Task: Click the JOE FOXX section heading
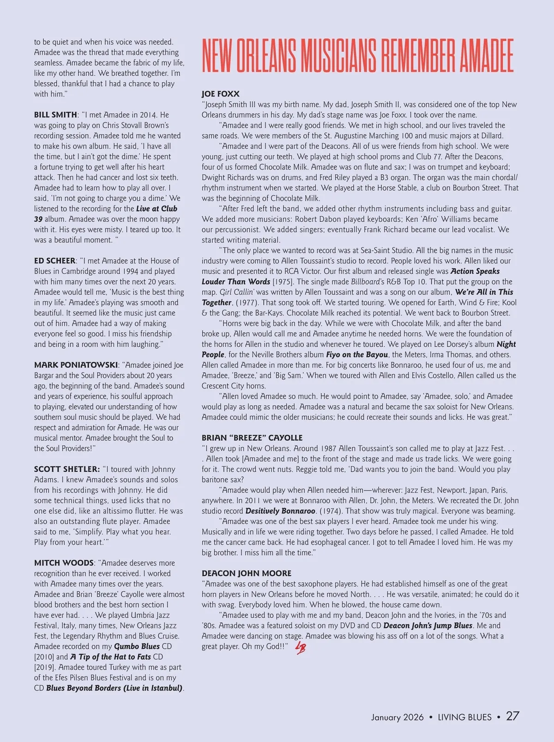point(221,94)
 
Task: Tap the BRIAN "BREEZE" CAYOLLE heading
point(252,438)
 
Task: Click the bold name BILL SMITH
point(55,115)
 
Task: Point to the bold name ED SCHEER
point(54,261)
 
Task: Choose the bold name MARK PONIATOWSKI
point(76,365)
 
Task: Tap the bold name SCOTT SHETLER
point(67,469)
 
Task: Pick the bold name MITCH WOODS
point(64,563)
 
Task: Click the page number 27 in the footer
point(512,716)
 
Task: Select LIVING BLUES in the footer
point(464,717)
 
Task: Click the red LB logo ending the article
point(301,647)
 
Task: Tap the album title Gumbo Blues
point(137,646)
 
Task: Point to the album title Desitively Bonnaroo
point(280,511)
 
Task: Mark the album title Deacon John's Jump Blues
point(428,626)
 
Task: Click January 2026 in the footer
point(397,717)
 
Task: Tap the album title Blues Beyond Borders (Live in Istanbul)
point(114,688)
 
